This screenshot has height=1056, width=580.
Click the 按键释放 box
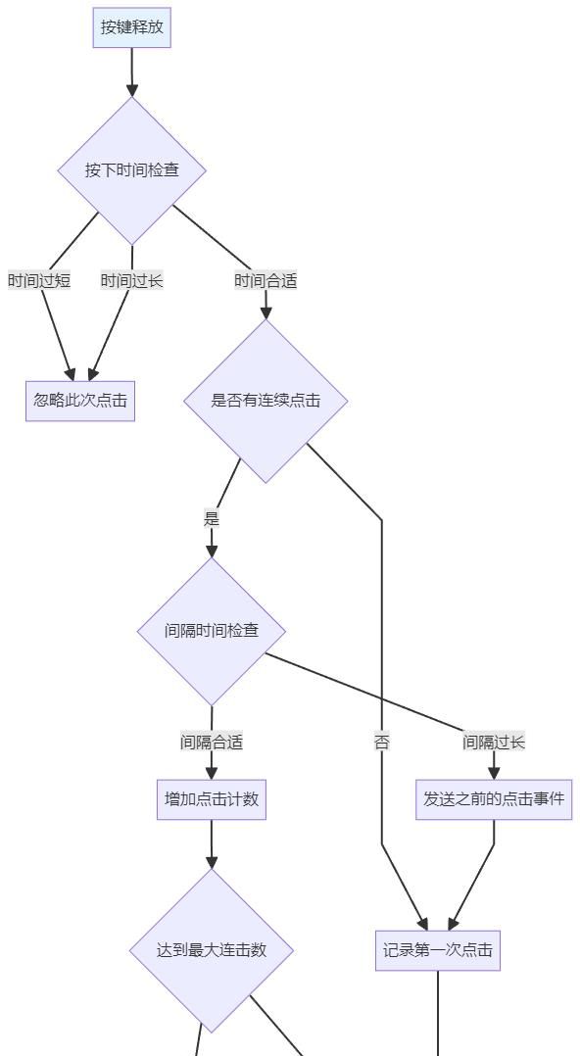[132, 27]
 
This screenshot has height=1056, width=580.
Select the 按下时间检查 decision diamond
[132, 170]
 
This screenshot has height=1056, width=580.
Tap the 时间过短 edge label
[39, 281]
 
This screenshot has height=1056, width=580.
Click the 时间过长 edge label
[131, 281]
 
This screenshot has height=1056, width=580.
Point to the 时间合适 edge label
[266, 281]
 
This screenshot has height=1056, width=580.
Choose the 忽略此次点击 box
[80, 401]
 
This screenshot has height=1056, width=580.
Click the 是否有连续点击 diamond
[266, 401]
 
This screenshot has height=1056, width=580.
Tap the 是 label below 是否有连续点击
[212, 519]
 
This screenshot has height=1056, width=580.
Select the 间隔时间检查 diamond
[212, 631]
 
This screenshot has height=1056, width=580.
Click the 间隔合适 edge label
[212, 743]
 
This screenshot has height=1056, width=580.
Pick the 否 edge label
[382, 743]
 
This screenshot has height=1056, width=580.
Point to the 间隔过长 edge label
[494, 743]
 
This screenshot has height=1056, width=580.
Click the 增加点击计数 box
[212, 799]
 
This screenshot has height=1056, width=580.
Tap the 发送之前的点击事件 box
[494, 799]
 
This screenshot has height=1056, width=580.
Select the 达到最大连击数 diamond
[212, 950]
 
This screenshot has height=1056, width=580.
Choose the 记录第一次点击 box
[438, 950]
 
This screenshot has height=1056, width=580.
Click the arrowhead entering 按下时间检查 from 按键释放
[132, 90]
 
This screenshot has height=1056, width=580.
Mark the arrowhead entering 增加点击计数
[212, 773]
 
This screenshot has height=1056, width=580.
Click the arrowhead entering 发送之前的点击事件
[494, 773]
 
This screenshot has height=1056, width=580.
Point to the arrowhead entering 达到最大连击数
[212, 862]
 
